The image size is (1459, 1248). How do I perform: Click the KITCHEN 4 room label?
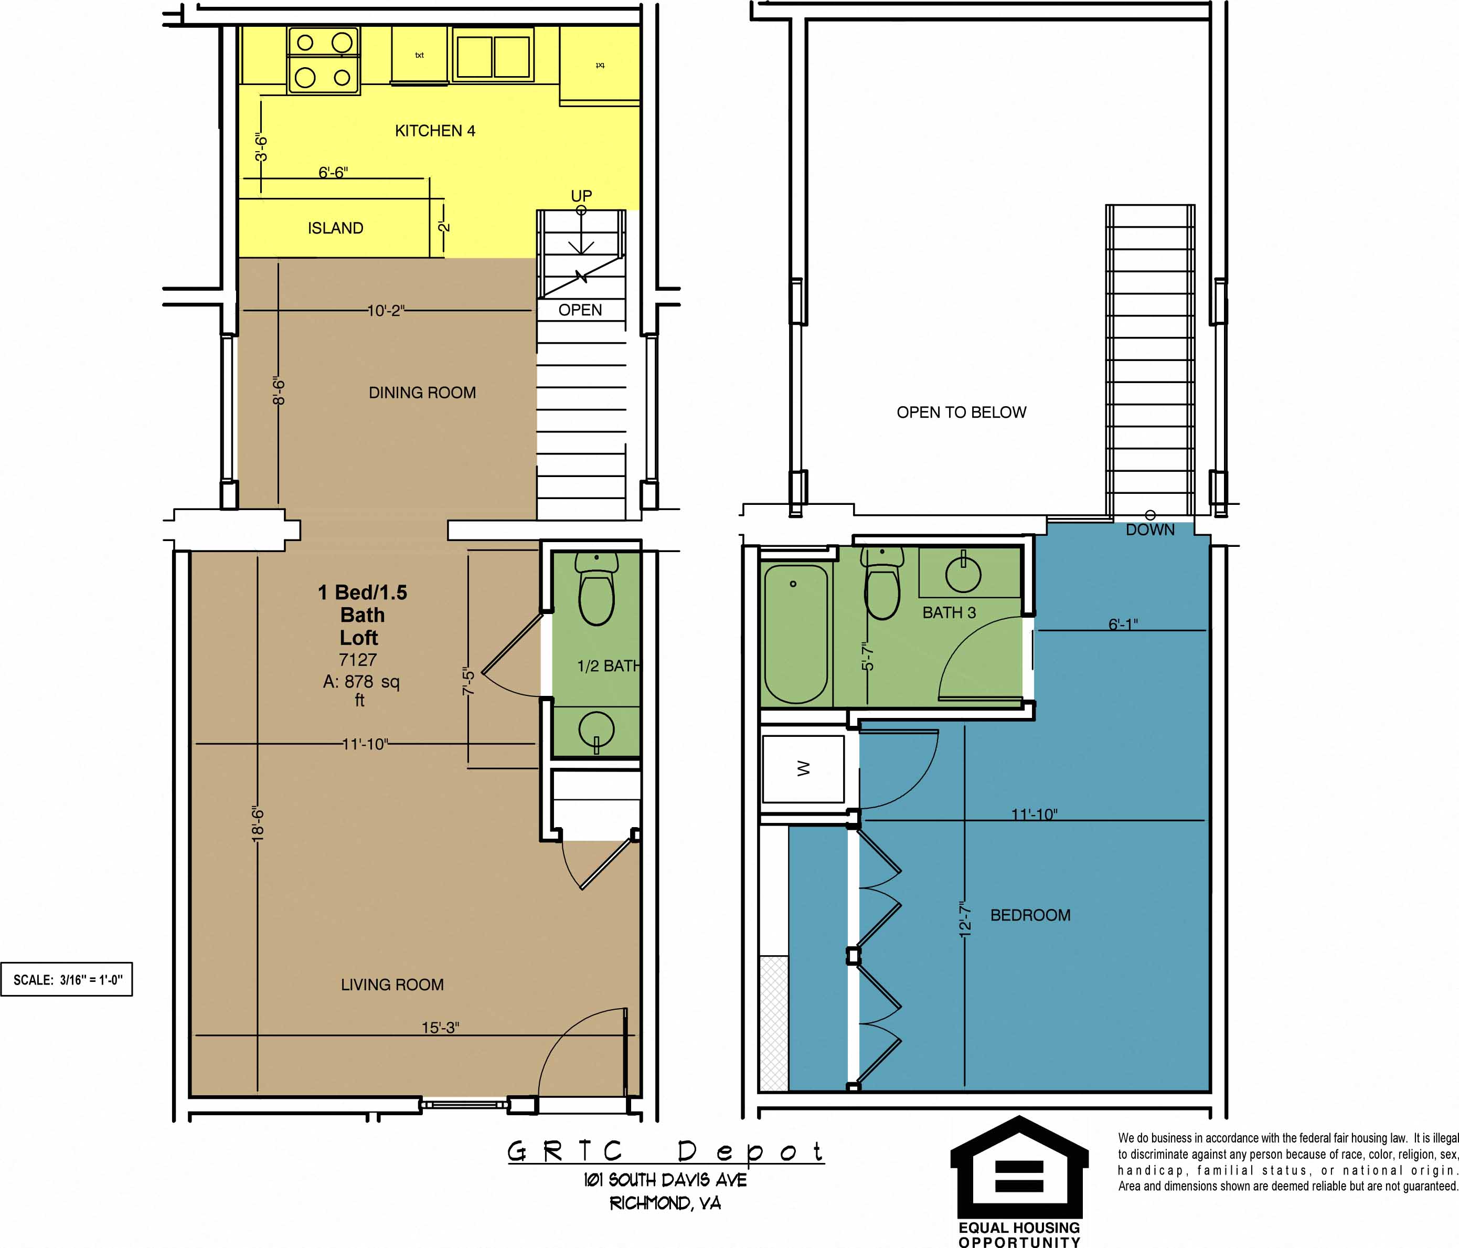click(434, 131)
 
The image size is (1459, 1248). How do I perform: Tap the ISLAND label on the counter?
click(335, 228)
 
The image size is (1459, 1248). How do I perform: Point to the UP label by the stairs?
click(581, 195)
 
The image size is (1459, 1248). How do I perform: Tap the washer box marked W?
click(803, 769)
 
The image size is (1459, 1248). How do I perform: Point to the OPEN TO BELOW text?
click(961, 413)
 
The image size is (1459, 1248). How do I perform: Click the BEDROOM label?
click(1030, 916)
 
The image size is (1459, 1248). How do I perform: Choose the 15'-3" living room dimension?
click(440, 1028)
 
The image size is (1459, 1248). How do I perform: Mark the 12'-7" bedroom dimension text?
click(965, 918)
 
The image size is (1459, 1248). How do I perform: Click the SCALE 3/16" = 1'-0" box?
click(67, 980)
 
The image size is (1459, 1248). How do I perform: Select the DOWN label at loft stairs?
click(1150, 530)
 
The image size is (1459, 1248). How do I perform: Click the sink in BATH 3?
click(963, 573)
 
